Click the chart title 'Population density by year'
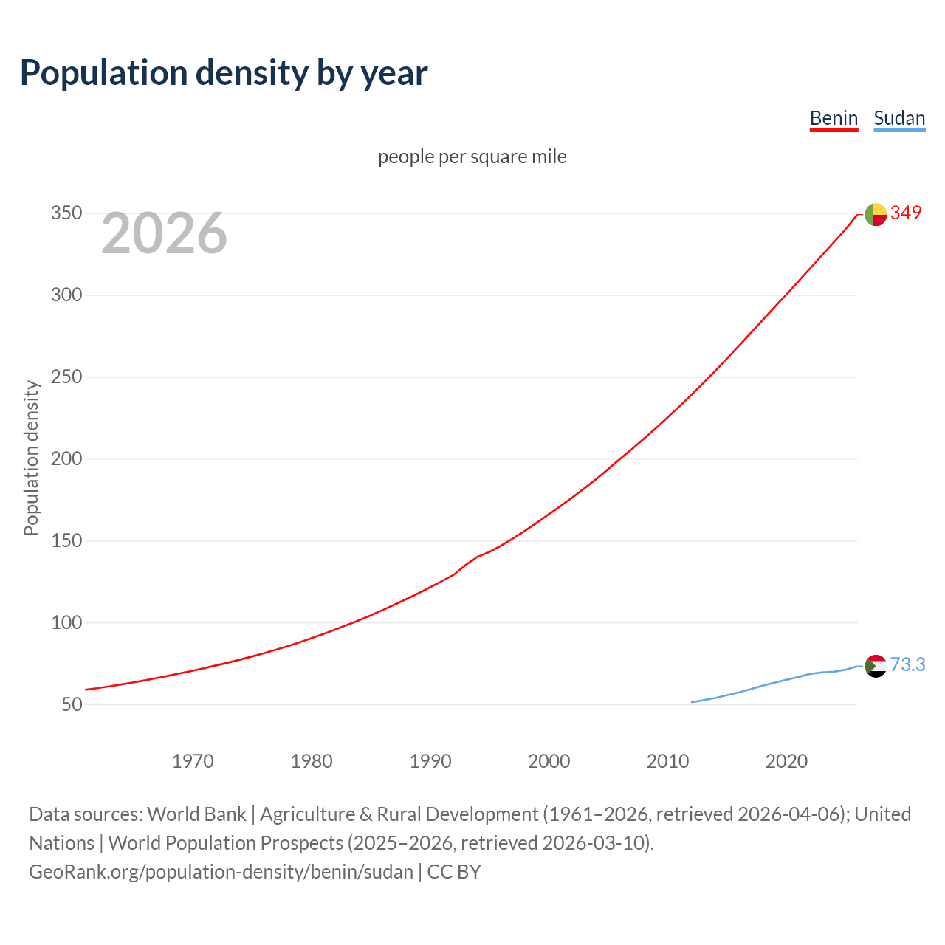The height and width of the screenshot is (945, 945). pos(224,73)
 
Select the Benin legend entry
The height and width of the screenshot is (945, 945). pos(834,118)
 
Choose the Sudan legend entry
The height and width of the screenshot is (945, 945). pos(899,118)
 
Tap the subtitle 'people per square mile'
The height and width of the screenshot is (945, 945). pos(472,157)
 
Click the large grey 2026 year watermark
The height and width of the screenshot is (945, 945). pos(164,233)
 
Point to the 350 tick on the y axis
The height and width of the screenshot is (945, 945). pos(66,213)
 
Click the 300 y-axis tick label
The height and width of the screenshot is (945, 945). pos(66,295)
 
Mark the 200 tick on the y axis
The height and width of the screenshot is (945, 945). pos(66,459)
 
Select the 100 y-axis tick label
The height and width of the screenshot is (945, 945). pos(66,622)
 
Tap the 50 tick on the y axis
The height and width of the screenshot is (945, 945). pos(72,704)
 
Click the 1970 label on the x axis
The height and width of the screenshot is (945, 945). pos(193,761)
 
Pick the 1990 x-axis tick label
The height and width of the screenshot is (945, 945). pos(430,761)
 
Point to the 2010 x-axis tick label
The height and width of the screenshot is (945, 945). pos(667,761)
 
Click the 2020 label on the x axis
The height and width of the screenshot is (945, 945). pos(786,761)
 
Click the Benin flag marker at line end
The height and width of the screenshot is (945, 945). pos(876,214)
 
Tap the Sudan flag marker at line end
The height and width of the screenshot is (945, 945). pos(876,666)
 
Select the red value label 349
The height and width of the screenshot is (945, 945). pos(906,213)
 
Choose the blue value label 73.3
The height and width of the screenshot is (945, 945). pos(907,665)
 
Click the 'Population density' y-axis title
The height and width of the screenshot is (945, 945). pos(31,458)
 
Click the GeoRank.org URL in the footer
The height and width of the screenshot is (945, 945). pos(221,872)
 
